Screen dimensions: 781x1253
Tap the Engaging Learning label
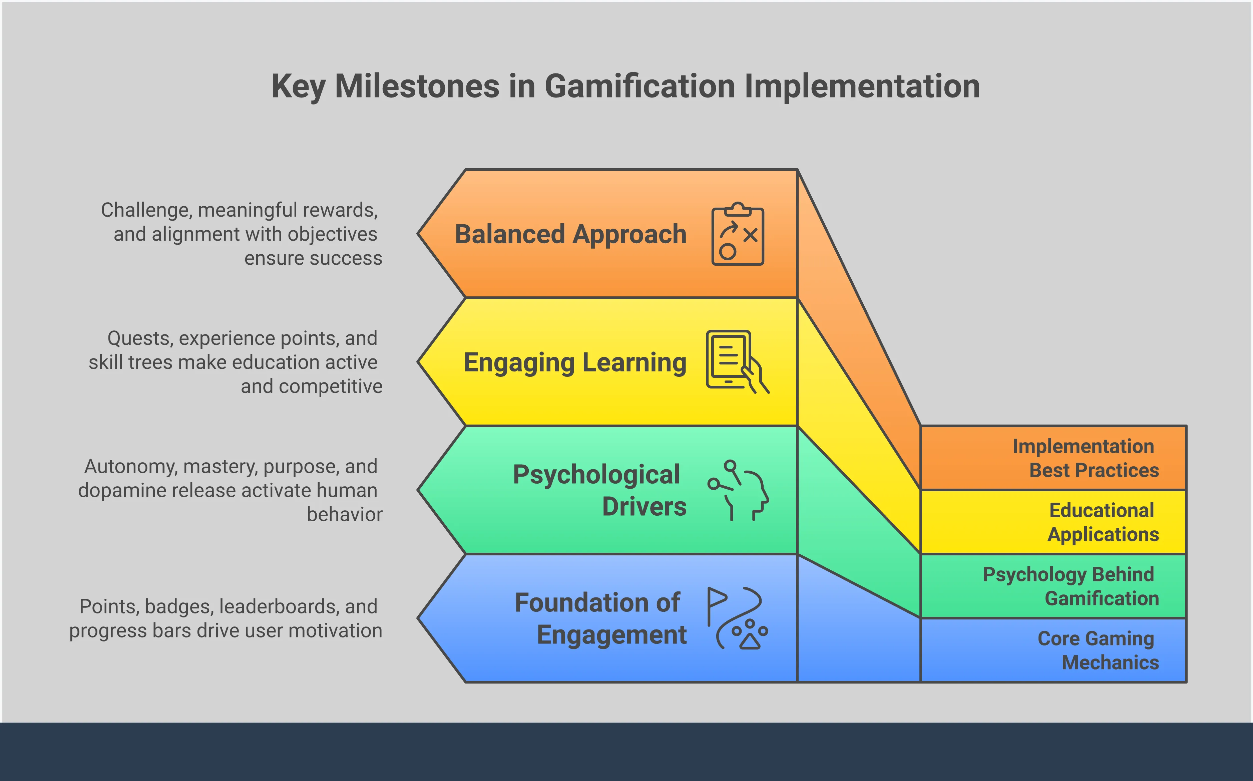[x=574, y=362]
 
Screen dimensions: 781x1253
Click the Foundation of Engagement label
[x=600, y=618]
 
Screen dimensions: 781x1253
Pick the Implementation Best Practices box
[x=1053, y=458]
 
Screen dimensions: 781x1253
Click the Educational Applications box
[x=1053, y=522]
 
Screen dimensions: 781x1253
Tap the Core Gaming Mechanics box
[x=1053, y=650]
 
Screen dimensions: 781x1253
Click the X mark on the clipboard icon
[x=750, y=236]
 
